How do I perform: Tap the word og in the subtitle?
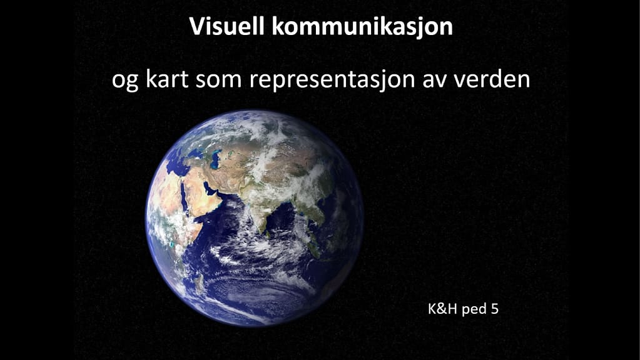[125, 81]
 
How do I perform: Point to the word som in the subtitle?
[219, 80]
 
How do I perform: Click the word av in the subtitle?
[435, 81]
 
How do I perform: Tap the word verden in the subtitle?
[492, 79]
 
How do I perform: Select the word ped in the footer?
[474, 309]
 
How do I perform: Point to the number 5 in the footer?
[495, 309]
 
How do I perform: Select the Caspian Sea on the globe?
[215, 159]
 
